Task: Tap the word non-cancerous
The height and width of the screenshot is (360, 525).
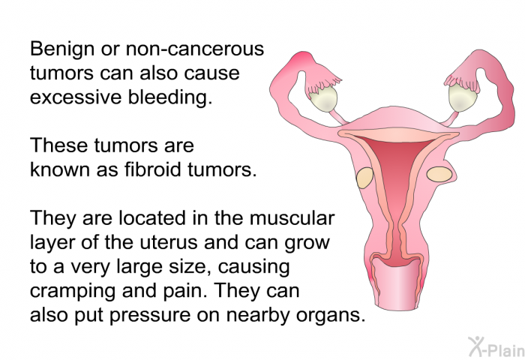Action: (195, 49)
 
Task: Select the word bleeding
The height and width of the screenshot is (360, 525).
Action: (170, 97)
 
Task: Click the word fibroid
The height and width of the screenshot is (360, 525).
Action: (153, 169)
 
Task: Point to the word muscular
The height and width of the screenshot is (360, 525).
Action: (292, 218)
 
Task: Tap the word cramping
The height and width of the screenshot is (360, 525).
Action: (73, 291)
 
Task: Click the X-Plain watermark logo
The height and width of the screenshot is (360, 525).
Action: (496, 346)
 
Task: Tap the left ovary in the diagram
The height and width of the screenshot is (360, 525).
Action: (322, 99)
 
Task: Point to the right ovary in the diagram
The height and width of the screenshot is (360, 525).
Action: (463, 97)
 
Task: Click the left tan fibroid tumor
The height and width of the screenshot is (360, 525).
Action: (364, 178)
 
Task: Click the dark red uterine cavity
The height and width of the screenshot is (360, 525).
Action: (397, 187)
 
